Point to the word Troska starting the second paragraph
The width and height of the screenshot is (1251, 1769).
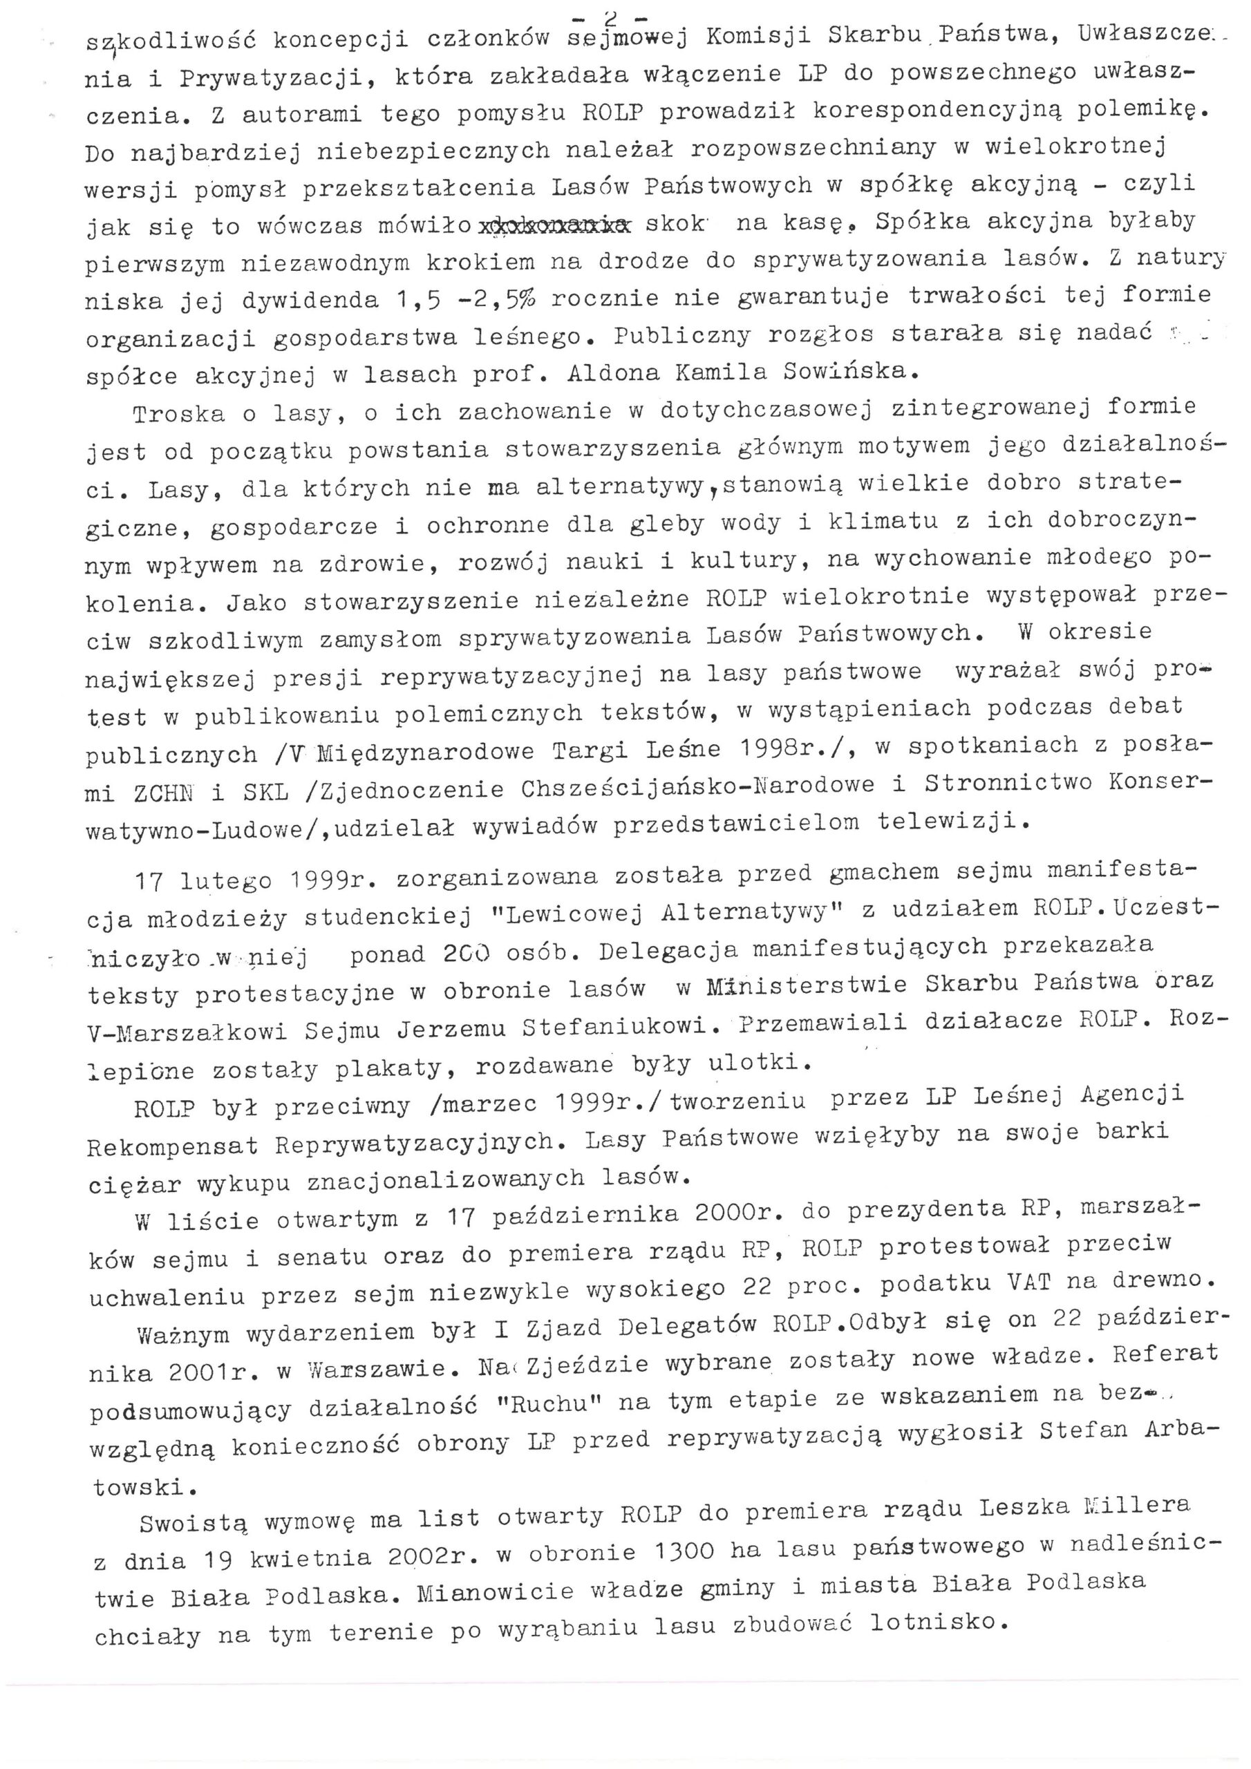(178, 414)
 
